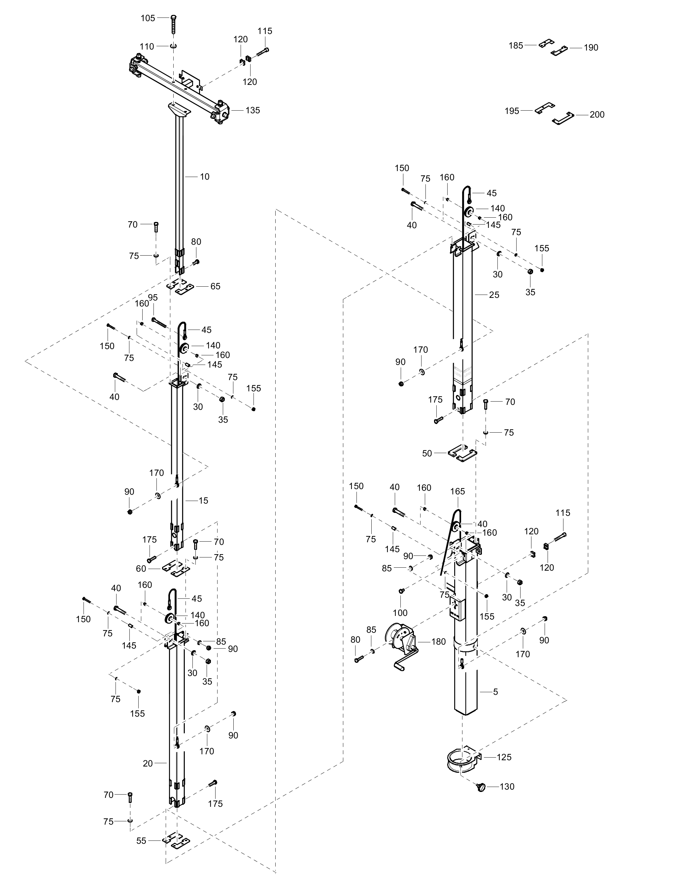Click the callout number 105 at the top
[x=148, y=18]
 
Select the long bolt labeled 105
[x=174, y=25]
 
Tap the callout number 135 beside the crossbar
[x=253, y=110]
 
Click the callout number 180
[x=439, y=642]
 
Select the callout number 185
[x=516, y=46]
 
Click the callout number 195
[x=512, y=111]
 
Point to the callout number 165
[x=457, y=491]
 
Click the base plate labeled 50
[x=463, y=454]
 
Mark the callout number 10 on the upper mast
[x=205, y=177]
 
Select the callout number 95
[x=153, y=297]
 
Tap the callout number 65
[x=215, y=286]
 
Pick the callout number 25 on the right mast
[x=494, y=295]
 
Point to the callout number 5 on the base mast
[x=495, y=692]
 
